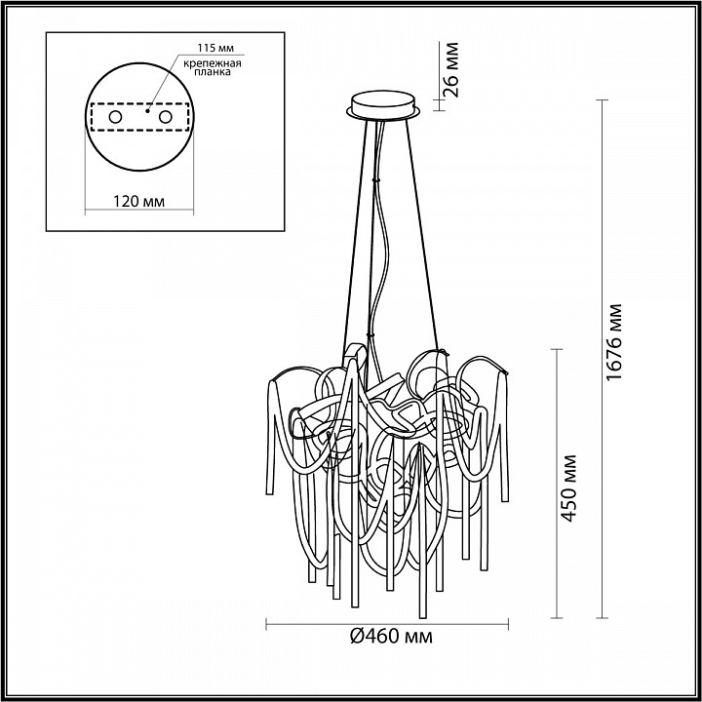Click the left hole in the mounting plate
click(115, 117)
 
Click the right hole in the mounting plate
click(165, 117)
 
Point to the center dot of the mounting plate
click(147, 111)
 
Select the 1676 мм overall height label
click(614, 343)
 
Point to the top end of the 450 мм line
click(558, 347)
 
